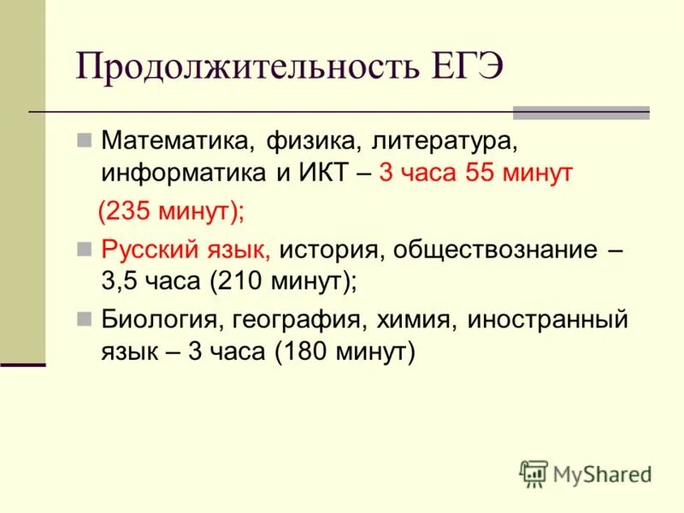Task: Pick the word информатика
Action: click(185, 174)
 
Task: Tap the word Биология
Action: click(160, 321)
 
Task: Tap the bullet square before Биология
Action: click(84, 319)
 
